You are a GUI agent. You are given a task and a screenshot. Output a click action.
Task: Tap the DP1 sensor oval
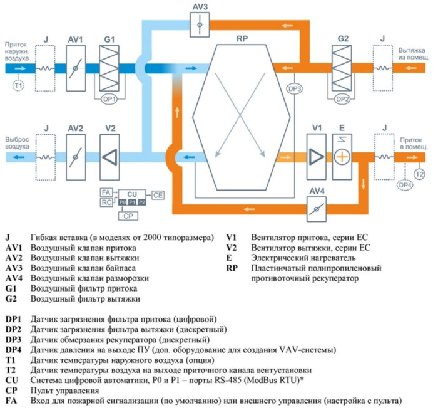point(109,99)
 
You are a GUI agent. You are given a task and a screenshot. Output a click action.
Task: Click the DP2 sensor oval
point(342,99)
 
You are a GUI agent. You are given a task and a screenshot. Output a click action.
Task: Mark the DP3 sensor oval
point(295,89)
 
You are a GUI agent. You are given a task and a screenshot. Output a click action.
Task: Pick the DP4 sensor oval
point(405,185)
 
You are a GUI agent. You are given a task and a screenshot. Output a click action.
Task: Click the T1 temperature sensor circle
point(18,85)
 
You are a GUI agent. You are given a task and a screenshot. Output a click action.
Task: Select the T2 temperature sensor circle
point(419,172)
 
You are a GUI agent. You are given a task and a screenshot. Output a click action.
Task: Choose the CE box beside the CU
point(158,196)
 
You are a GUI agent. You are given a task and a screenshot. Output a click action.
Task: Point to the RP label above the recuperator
point(242,39)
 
